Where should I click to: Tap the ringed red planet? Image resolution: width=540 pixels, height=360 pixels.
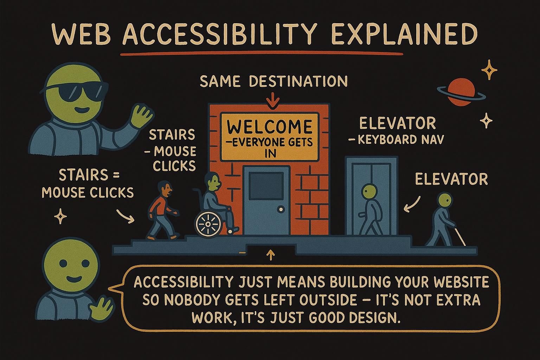pyautogui.click(x=461, y=92)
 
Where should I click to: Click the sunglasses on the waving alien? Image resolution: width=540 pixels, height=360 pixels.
pyautogui.click(x=75, y=94)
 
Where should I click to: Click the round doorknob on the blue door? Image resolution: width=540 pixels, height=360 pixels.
pyautogui.click(x=281, y=209)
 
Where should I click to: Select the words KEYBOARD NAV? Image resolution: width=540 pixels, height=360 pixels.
pyautogui.click(x=401, y=140)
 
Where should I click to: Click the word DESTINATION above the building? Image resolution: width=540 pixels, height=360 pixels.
pyautogui.click(x=298, y=81)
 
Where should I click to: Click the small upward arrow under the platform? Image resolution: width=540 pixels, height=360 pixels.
pyautogui.click(x=271, y=254)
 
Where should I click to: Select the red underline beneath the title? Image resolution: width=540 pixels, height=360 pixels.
pyautogui.click(x=262, y=54)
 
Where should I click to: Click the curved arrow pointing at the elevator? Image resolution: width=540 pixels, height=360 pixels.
pyautogui.click(x=411, y=205)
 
